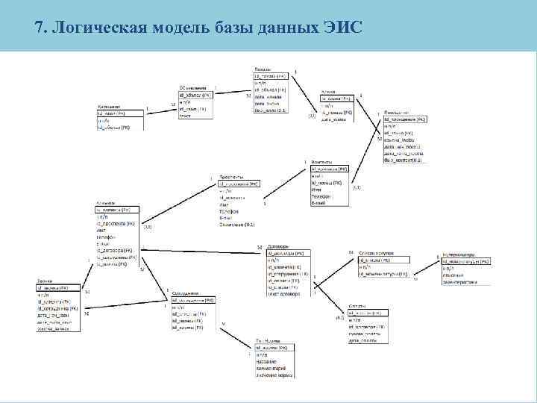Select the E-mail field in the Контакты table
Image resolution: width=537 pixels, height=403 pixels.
point(318,201)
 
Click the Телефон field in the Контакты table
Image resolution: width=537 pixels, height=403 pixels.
point(321,196)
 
